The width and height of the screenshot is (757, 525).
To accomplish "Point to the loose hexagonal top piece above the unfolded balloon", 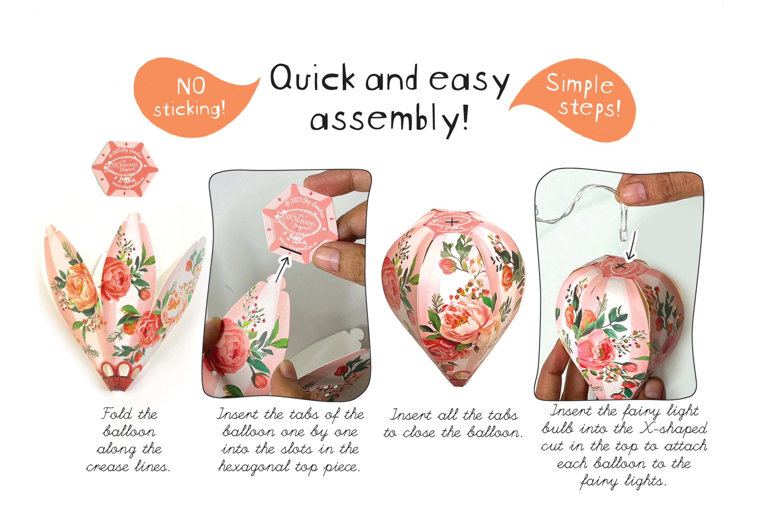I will pos(125,168).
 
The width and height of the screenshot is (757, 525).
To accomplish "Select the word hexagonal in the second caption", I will pos(254,466).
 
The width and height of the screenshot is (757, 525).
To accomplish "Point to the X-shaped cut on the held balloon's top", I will pos(620,266).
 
